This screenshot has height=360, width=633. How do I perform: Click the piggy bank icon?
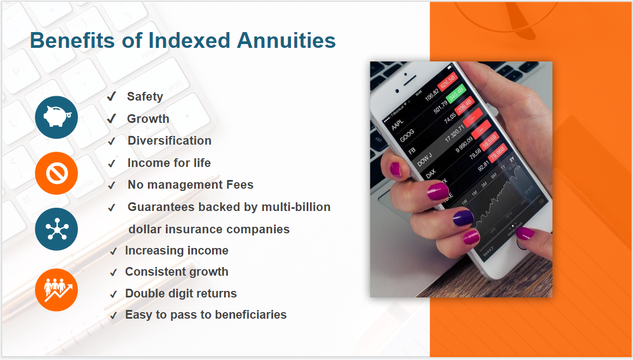pyautogui.click(x=57, y=117)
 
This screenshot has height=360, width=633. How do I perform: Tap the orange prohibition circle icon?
pyautogui.click(x=57, y=173)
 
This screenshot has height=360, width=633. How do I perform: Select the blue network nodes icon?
pyautogui.click(x=57, y=229)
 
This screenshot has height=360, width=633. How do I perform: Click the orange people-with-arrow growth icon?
pyautogui.click(x=57, y=289)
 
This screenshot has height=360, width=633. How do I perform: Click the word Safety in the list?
pyautogui.click(x=145, y=97)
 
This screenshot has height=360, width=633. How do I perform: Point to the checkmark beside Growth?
pyautogui.click(x=111, y=119)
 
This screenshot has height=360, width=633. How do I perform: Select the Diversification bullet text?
pyautogui.click(x=169, y=141)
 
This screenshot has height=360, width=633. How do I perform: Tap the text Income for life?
pyautogui.click(x=169, y=163)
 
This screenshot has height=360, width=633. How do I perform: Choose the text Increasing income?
pyautogui.click(x=176, y=251)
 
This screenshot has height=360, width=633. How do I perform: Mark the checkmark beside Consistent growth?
pyautogui.click(x=113, y=272)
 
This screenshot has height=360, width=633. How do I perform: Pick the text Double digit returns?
pyautogui.click(x=181, y=294)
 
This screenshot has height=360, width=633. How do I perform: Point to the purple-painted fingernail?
pyautogui.click(x=462, y=218)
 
